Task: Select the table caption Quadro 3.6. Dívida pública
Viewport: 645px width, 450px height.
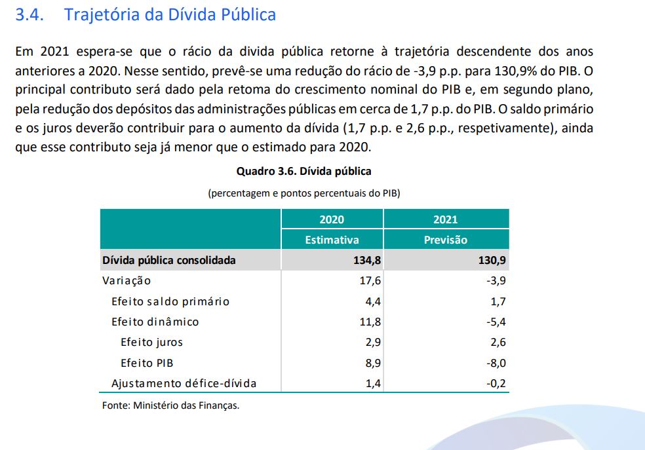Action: [x=303, y=172]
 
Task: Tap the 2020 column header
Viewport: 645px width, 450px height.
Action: [x=332, y=219]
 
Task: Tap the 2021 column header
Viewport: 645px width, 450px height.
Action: [x=446, y=219]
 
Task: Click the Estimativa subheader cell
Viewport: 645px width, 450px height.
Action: [x=332, y=240]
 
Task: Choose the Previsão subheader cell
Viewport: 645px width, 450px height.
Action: [x=446, y=240]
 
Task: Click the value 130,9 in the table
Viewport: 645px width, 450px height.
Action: [x=492, y=260]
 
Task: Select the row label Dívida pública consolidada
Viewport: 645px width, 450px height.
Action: [x=169, y=260]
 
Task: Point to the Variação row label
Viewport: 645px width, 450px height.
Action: [x=127, y=281]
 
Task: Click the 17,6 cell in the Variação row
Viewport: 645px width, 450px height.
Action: [x=370, y=281]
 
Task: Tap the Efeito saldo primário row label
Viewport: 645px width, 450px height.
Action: [x=170, y=302]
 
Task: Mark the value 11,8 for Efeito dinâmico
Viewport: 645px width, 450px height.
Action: [x=370, y=322]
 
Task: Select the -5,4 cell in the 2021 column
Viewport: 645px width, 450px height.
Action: [x=495, y=322]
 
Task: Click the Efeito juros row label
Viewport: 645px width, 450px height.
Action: [x=151, y=343]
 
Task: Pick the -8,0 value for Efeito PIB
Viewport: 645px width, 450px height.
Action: [x=495, y=363]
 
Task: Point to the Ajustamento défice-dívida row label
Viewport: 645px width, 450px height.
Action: [x=184, y=383]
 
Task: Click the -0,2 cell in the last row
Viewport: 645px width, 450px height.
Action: [x=495, y=383]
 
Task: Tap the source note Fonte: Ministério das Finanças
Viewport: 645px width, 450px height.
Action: [x=170, y=405]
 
